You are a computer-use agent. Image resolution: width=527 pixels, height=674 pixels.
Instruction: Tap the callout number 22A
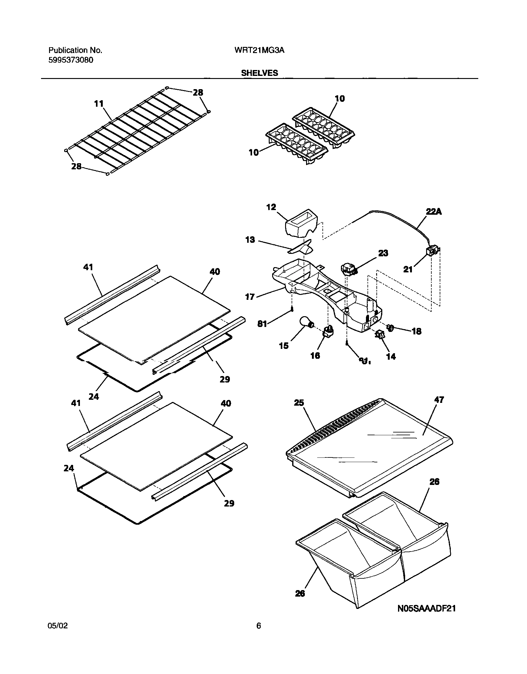click(x=434, y=211)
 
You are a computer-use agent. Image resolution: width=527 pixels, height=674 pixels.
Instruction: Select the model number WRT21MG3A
click(x=259, y=50)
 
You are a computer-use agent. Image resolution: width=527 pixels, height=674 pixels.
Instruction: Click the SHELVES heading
click(x=259, y=73)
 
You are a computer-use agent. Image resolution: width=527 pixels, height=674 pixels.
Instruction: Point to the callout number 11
click(x=99, y=104)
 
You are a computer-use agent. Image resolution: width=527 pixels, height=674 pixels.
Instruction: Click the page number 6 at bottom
click(x=259, y=626)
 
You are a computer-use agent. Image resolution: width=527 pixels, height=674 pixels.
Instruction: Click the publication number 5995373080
click(x=71, y=60)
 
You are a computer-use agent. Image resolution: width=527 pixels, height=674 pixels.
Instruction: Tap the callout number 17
click(x=249, y=297)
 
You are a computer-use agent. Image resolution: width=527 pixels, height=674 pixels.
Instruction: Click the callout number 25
click(x=299, y=403)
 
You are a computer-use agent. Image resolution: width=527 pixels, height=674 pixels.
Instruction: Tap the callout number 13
click(x=250, y=240)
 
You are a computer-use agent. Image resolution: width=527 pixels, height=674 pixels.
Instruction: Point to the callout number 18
click(x=417, y=331)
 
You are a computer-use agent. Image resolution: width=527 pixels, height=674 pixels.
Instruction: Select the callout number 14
click(x=391, y=357)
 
